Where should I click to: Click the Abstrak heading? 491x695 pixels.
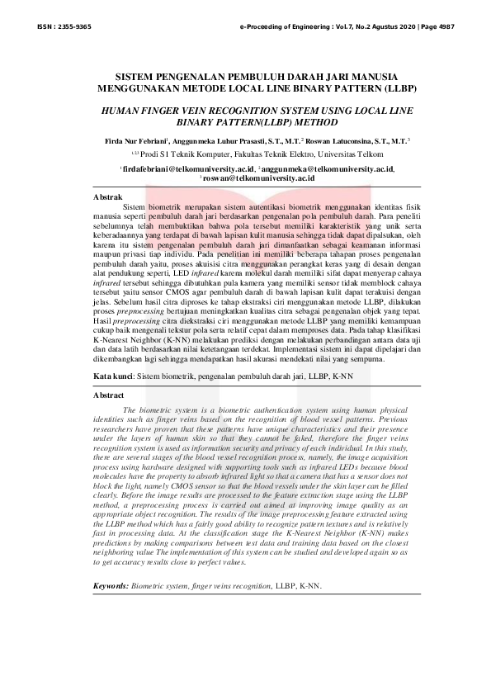coord(108,198)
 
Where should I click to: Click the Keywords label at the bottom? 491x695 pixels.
coord(111,585)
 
